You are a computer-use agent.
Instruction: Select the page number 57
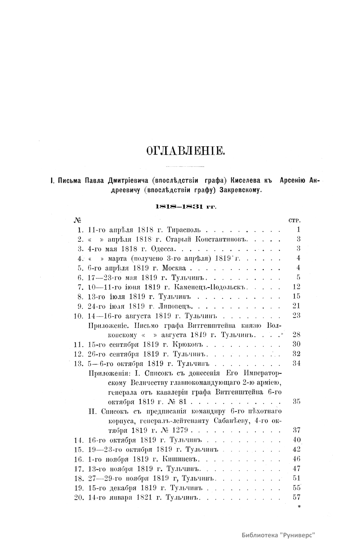(296, 497)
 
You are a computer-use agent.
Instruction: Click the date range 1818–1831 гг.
(185, 206)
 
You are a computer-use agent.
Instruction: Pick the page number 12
(296, 287)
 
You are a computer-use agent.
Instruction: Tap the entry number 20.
(78, 497)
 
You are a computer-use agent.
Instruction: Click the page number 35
(296, 401)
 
